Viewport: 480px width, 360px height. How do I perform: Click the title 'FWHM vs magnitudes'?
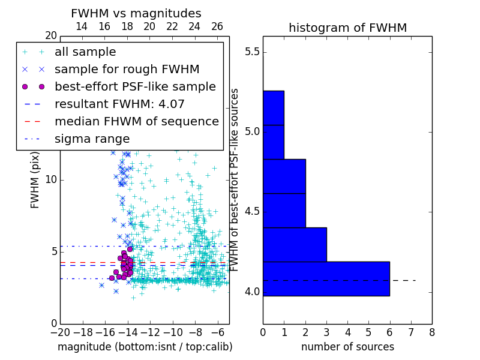tap(136, 13)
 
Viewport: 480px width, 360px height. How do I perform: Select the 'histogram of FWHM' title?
tap(347, 28)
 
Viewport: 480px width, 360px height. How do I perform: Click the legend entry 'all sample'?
tap(85, 52)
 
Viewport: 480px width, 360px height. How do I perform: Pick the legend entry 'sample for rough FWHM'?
tap(127, 69)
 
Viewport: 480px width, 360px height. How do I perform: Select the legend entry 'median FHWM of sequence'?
tap(136, 121)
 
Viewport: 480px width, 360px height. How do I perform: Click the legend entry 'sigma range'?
tap(92, 139)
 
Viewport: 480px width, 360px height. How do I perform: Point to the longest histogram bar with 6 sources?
tap(326, 279)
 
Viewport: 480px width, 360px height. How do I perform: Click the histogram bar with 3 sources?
tap(295, 245)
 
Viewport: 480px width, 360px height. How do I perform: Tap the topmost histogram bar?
tap(273, 108)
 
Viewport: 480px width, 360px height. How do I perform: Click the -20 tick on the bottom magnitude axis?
tap(60, 332)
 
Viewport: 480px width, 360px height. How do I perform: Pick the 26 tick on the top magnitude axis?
tap(217, 26)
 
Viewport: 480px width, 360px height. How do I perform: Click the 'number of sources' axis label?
tap(347, 347)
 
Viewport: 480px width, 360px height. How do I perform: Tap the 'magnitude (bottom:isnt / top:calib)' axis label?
tap(145, 347)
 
